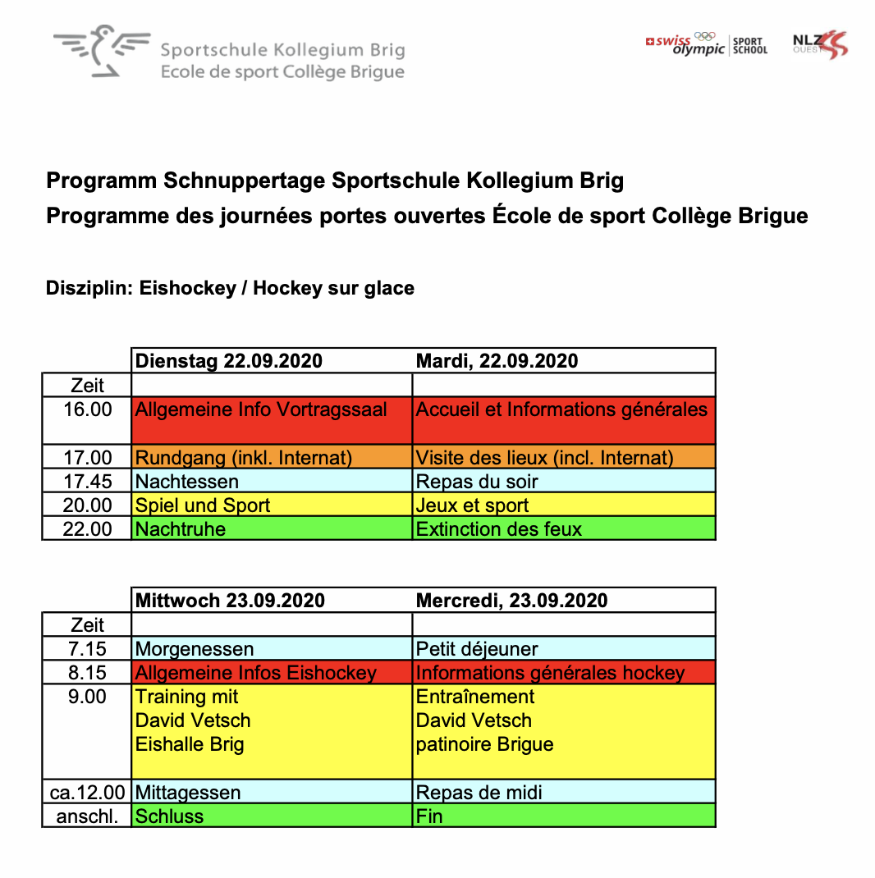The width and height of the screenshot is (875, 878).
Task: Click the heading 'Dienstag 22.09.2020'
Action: point(229,361)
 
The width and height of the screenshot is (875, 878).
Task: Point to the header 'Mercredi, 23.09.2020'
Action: point(511,601)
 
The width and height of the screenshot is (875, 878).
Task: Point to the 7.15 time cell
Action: point(88,649)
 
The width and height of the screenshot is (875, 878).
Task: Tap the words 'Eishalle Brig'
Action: point(190,744)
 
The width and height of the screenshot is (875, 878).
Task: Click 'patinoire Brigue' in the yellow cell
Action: point(484,744)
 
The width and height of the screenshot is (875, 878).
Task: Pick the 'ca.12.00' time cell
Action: point(87,793)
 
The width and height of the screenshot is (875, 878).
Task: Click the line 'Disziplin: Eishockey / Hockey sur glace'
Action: point(230,289)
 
